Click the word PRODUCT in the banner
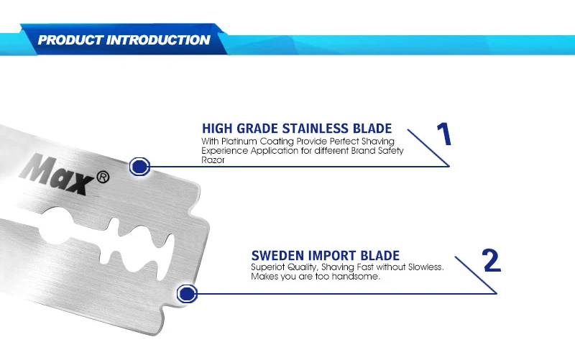[70, 40]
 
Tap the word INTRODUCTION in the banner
[158, 40]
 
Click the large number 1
[444, 134]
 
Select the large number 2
[492, 260]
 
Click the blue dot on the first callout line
[139, 167]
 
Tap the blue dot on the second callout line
[187, 294]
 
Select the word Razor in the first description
[213, 160]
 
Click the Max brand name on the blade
[57, 174]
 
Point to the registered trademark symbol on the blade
[103, 177]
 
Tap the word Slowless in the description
[425, 267]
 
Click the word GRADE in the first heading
[257, 129]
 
